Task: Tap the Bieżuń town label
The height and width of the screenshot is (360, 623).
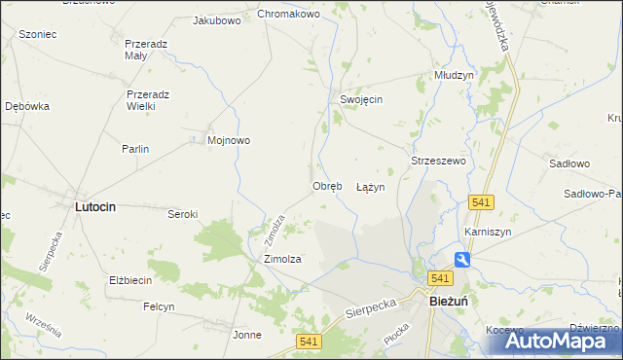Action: (453, 302)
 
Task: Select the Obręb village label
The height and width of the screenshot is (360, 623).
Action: (327, 186)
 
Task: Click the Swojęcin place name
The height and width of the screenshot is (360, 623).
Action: (361, 100)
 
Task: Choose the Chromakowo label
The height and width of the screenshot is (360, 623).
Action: (288, 15)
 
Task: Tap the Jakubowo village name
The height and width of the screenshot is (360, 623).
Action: (217, 19)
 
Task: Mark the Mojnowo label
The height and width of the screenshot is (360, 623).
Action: (229, 140)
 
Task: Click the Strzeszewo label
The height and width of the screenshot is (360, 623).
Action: (439, 160)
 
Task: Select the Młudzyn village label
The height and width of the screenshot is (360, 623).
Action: (454, 75)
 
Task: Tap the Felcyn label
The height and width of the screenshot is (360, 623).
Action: (159, 306)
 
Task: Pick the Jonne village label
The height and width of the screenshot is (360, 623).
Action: (247, 335)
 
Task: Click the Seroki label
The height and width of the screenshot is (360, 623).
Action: (183, 214)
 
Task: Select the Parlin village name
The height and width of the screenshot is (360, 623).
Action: (134, 149)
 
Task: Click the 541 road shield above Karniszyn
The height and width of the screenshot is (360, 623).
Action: (481, 201)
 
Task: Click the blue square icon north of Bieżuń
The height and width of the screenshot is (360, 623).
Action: (463, 259)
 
